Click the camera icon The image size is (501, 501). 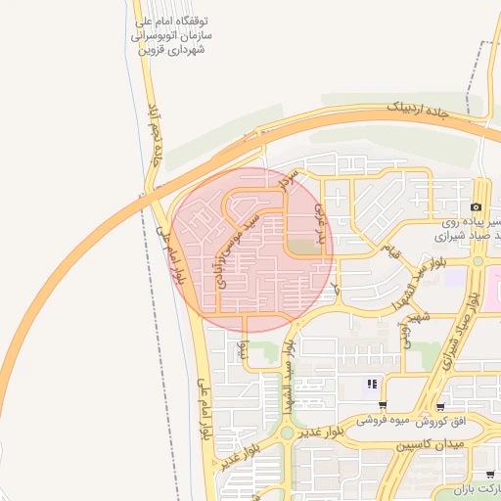click(x=476, y=206)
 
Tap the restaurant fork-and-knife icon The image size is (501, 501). click(x=372, y=384)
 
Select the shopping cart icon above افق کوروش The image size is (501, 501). click(x=442, y=406)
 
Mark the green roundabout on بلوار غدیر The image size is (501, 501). click(x=286, y=432)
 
